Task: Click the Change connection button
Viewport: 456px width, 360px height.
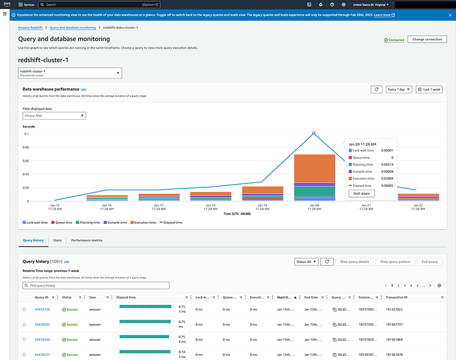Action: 427,39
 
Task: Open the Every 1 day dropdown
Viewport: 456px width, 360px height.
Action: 400,89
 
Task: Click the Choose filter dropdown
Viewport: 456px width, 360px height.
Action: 54,116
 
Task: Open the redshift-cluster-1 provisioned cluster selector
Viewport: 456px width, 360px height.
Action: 70,73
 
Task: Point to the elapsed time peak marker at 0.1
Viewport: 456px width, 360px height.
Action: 313,133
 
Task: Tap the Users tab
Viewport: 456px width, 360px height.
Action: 58,240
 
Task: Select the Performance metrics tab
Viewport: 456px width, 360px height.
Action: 87,240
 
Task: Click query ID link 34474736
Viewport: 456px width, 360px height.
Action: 43,309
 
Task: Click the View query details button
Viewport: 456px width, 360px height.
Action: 354,261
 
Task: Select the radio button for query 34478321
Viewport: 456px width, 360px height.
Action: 25,354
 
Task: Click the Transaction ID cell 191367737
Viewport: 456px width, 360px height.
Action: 394,324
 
